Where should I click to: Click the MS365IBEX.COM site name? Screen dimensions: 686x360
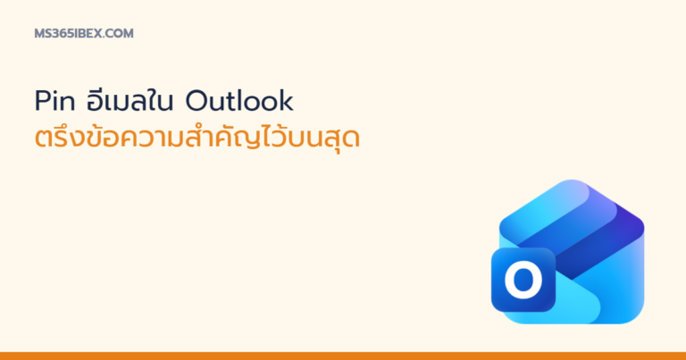tap(84, 34)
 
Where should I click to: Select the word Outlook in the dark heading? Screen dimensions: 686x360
tap(239, 101)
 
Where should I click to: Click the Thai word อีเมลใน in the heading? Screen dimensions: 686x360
tap(130, 100)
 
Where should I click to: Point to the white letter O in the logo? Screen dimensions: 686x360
tap(523, 280)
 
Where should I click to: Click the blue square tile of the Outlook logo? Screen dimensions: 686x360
tap(523, 280)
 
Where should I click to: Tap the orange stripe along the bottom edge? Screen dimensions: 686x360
tap(343, 356)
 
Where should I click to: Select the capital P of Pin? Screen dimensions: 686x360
tap(43, 101)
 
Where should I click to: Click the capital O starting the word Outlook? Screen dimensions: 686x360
tap(196, 101)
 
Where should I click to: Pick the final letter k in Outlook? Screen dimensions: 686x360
tap(286, 101)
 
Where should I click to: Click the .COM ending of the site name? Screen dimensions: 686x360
tap(118, 34)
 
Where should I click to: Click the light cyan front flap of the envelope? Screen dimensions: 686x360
tap(577, 303)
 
